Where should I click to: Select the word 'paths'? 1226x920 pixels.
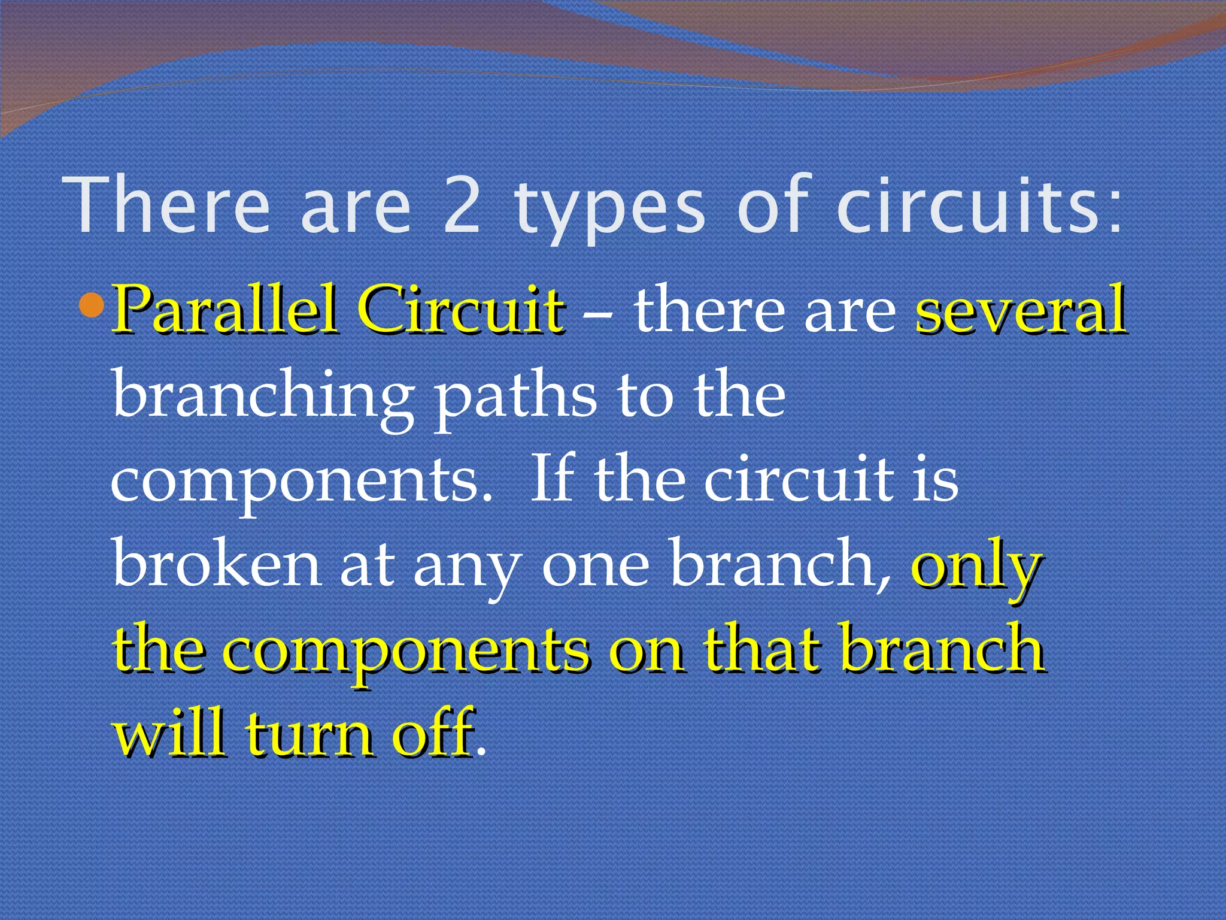(515, 398)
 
